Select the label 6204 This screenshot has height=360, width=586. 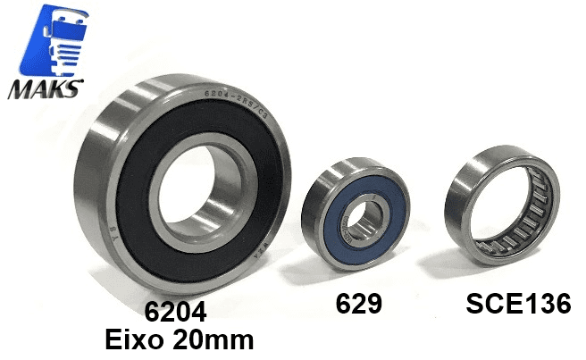click(x=179, y=312)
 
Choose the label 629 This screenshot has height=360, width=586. click(x=358, y=305)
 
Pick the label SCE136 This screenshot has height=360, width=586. click(x=518, y=304)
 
